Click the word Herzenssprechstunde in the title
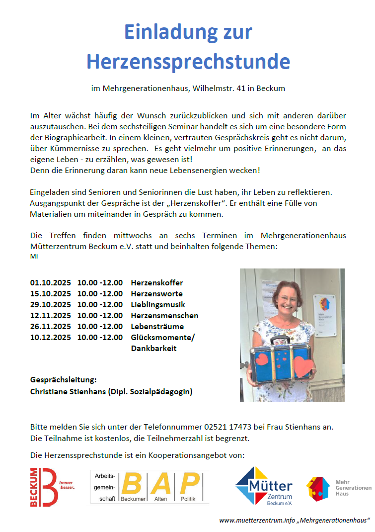pos(188,62)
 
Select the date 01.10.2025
pos(50,282)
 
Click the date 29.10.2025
pos(50,304)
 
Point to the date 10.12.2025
pos(50,338)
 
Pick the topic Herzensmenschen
pos(164,315)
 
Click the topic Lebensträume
pos(157,327)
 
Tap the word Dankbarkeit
pos(153,349)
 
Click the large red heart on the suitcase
pos(303,367)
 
